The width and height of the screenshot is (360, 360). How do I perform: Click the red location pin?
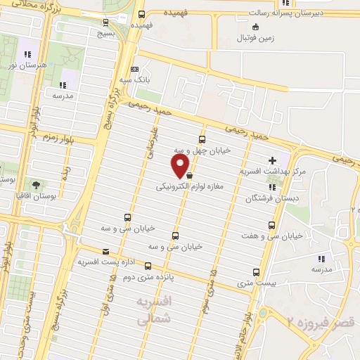click(x=181, y=166)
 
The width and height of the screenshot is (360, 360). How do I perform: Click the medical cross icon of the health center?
click(x=272, y=161)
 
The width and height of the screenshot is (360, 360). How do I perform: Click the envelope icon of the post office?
click(x=106, y=251)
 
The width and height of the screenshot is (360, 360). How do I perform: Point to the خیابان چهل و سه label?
click(x=202, y=151)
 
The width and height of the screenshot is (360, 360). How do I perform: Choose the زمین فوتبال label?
click(x=255, y=39)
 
